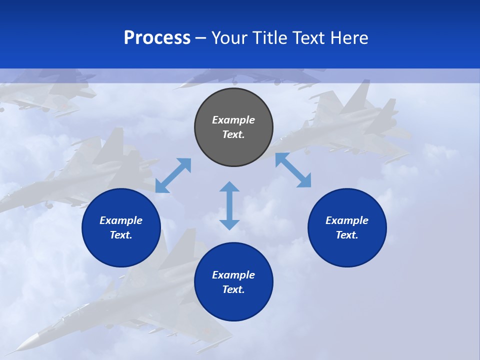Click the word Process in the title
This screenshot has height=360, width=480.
pos(157,38)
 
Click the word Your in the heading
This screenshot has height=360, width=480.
pos(229,38)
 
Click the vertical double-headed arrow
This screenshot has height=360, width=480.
pos(229,205)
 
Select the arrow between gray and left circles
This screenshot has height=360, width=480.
pos(173,175)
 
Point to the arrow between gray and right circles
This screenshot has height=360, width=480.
pos(293,170)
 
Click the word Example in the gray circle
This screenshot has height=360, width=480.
pos(233,120)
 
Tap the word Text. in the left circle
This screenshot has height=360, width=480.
pos(121,235)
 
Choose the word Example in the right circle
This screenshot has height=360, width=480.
pos(347,220)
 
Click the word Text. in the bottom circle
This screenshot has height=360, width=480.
pos(233,289)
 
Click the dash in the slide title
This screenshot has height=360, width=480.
pos(201,38)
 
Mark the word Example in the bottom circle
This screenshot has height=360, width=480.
pos(233,275)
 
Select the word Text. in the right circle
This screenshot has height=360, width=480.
pos(347,235)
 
